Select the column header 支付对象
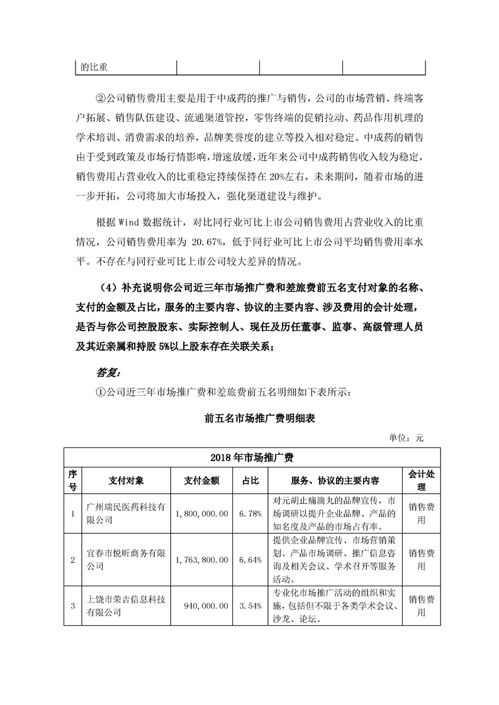pyautogui.click(x=126, y=481)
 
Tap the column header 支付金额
pyautogui.click(x=201, y=481)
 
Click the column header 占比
pyautogui.click(x=250, y=481)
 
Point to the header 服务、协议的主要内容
pyautogui.click(x=335, y=481)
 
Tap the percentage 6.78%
pyautogui.click(x=250, y=514)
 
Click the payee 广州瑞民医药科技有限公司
pyautogui.click(x=126, y=514)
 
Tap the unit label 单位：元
pyautogui.click(x=406, y=438)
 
